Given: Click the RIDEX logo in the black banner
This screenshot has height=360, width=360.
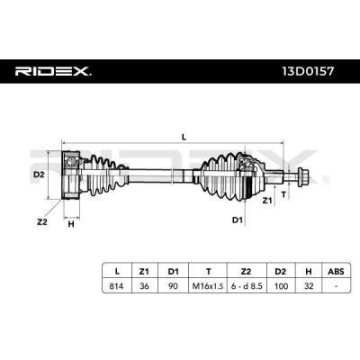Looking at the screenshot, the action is tap(53, 71).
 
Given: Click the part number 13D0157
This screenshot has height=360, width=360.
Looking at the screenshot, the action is tap(308, 71).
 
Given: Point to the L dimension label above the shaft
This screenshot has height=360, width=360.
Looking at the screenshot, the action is tap(184, 137).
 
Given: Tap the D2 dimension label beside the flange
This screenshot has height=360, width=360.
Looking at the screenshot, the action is tap(39, 175).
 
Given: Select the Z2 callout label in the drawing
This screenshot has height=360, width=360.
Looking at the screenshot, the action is tap(42, 222).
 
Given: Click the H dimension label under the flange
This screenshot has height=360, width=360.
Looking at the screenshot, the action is tap(71, 224).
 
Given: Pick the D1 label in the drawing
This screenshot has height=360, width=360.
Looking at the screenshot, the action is tap(237, 220).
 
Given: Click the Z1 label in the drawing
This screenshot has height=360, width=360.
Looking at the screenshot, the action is tap(266, 201).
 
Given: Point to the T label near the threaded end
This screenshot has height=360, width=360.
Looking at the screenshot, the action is tap(283, 194).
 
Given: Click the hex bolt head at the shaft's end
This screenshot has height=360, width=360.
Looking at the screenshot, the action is tap(303, 176).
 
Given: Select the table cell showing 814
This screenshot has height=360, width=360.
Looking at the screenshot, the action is tap(116, 286).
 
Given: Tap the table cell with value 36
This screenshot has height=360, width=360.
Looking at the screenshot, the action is tap(144, 286).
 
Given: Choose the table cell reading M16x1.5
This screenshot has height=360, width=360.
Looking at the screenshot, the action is tap(208, 286).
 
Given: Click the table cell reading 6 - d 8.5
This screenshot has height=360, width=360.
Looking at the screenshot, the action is tap(247, 286).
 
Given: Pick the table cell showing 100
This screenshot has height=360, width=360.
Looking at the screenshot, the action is tap(281, 286).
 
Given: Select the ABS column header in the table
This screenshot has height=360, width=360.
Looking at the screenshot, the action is tap(336, 272).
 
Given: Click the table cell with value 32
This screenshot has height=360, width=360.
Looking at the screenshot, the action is tap(309, 286).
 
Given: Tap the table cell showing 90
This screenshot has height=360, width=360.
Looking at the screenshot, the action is tap(173, 286).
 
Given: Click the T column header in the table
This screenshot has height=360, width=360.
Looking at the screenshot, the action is tap(208, 272).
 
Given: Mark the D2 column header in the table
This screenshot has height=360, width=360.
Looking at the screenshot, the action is tap(281, 272).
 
